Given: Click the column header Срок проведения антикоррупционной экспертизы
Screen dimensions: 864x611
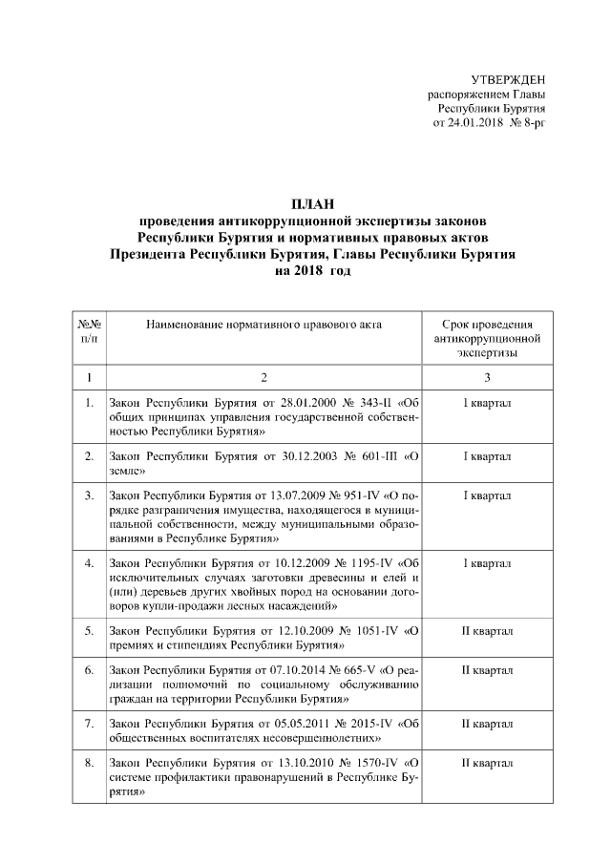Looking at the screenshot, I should (487, 338).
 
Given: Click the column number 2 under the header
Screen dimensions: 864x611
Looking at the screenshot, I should (264, 376).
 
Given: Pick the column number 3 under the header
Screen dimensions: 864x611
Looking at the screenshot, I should (487, 376).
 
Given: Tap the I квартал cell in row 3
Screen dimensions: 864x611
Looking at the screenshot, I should (487, 495).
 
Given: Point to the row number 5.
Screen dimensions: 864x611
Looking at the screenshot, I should (89, 631).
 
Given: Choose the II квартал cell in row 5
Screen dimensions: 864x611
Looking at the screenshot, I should (487, 631).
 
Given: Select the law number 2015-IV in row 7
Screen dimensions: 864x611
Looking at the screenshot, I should (372, 723).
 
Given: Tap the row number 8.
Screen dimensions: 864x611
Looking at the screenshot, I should (89, 763).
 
